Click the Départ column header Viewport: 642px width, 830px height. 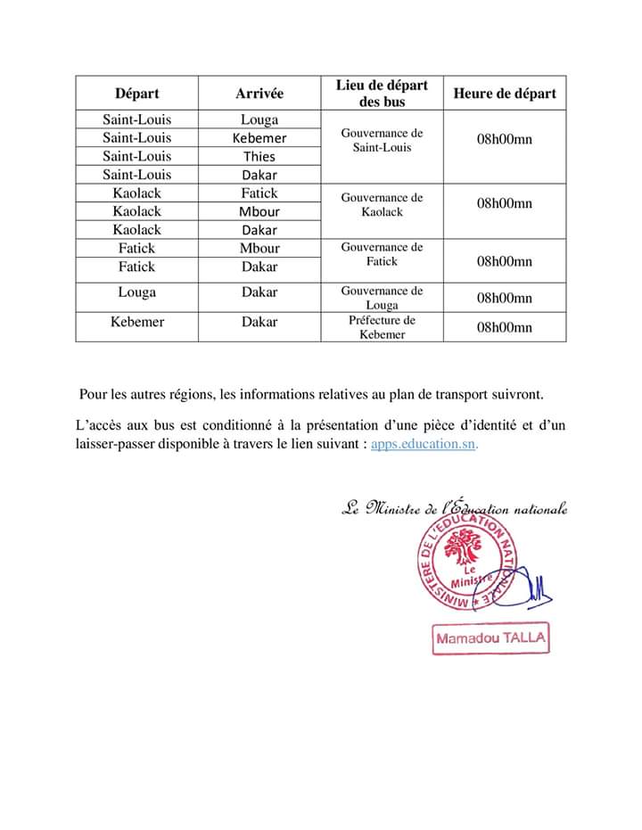(x=136, y=94)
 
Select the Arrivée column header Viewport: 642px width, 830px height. (x=259, y=94)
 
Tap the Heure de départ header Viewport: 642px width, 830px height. (x=504, y=94)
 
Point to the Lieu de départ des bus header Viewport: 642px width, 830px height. (x=382, y=94)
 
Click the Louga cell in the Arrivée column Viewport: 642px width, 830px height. (x=259, y=119)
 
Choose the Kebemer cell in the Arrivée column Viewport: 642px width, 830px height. (x=259, y=138)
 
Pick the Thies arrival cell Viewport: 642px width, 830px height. (x=259, y=157)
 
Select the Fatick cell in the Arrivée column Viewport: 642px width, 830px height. (x=259, y=193)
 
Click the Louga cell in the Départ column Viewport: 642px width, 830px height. (x=136, y=292)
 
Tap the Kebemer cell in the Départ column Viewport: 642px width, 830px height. (x=136, y=322)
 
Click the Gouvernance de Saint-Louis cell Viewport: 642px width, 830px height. (x=382, y=140)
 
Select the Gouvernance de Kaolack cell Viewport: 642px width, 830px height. (x=382, y=205)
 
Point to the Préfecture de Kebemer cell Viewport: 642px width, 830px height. (x=382, y=327)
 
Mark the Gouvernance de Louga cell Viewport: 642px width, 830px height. (x=382, y=298)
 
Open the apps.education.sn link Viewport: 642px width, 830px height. (x=424, y=443)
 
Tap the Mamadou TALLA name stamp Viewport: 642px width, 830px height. (x=490, y=638)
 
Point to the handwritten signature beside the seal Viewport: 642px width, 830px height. (x=539, y=588)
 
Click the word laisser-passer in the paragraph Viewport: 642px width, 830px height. (x=120, y=443)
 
